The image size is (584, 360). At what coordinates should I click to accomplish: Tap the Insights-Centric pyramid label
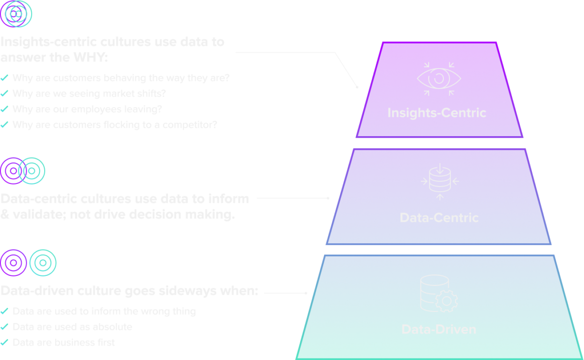[x=437, y=113]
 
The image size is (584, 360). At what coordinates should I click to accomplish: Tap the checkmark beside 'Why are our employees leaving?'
[x=4, y=109]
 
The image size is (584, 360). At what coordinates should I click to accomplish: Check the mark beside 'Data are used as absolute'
[x=4, y=327]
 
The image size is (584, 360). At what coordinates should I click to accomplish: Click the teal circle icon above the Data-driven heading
[x=43, y=263]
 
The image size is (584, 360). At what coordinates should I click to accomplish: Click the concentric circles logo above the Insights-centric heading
[x=17, y=14]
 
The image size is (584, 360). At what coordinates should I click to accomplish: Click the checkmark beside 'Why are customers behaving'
[x=4, y=78]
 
